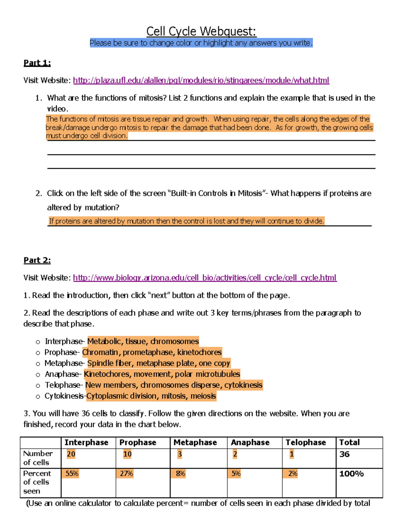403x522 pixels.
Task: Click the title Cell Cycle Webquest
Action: (201, 31)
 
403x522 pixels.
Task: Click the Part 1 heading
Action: (37, 63)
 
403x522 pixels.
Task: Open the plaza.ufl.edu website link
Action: (201, 80)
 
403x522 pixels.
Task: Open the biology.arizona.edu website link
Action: (205, 278)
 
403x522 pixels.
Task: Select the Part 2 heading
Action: (37, 260)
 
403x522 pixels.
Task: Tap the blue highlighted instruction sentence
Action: (201, 43)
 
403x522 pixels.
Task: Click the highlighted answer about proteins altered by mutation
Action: (186, 221)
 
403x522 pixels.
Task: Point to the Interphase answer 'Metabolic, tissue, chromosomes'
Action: (143, 342)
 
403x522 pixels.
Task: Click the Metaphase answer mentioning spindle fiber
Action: (159, 363)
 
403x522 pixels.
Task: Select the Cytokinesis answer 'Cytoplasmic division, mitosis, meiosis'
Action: (151, 396)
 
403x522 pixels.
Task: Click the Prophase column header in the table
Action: (138, 442)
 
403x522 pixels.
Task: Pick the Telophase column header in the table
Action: (306, 442)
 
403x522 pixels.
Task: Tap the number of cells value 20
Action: (71, 454)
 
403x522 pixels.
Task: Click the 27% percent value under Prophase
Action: (127, 474)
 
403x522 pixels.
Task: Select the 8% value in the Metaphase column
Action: (180, 474)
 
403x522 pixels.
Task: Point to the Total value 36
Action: (344, 454)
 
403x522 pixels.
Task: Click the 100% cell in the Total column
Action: (351, 474)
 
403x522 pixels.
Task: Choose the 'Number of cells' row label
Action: (38, 458)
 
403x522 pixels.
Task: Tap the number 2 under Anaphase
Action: (235, 454)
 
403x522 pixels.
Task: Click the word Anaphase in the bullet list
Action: (62, 374)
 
